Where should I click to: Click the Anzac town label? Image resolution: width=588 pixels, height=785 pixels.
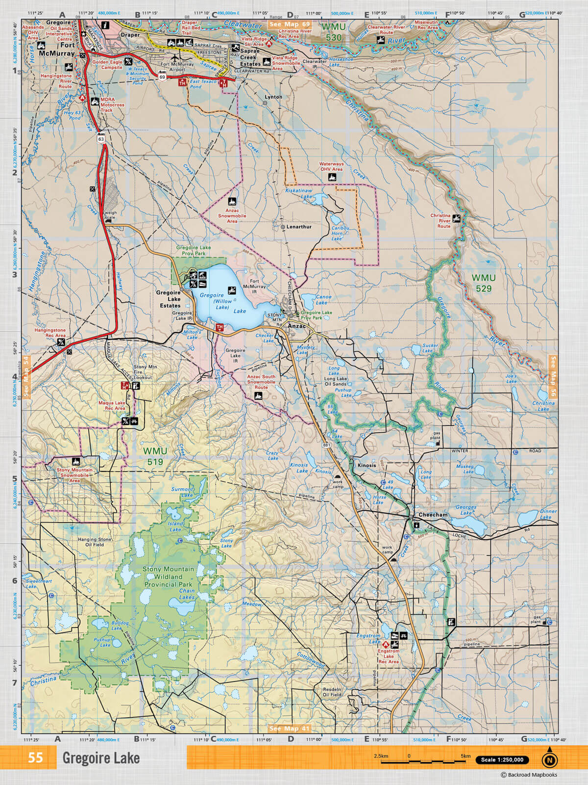pos(296,326)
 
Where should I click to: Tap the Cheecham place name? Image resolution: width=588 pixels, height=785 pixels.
pos(433,515)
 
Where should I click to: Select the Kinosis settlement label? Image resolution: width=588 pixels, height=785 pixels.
pos(367,465)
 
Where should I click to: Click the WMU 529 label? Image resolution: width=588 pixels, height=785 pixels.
pos(483,283)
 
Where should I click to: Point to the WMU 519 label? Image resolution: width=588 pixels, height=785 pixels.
pos(155,456)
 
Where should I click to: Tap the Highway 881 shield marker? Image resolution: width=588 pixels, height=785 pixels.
pos(326,445)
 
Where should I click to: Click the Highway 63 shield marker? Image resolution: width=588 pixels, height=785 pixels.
pos(101,139)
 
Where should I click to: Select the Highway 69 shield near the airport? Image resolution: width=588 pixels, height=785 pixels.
pos(162,77)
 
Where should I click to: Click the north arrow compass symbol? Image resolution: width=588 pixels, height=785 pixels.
pos(549,759)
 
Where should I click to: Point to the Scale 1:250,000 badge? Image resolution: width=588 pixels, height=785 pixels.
pos(502,760)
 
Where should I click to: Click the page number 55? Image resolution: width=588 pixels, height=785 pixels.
pos(35,758)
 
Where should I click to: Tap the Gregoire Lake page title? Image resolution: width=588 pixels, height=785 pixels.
pos(101,759)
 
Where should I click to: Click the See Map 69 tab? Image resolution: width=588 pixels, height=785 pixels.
pos(290,24)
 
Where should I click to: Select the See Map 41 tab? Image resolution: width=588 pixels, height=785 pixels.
pos(290,729)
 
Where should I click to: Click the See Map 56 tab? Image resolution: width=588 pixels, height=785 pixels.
pos(553,376)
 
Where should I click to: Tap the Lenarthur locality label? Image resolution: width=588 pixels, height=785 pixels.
pos(299,227)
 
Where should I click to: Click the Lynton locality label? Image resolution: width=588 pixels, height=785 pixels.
pos(273,97)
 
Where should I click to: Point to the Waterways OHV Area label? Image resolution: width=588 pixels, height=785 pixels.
pos(331,167)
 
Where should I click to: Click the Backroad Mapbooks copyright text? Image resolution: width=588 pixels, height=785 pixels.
pos(529,775)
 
